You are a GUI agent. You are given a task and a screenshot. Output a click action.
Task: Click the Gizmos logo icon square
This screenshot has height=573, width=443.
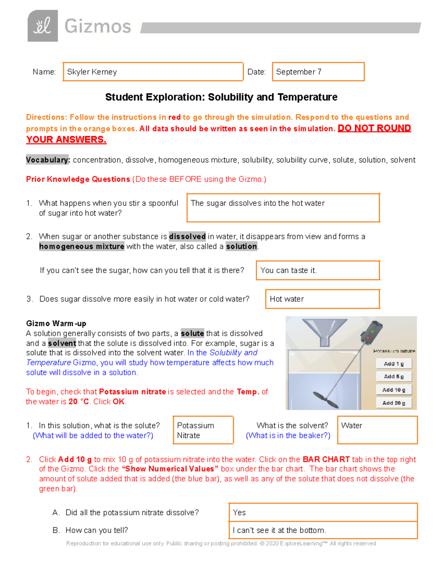pos(42,26)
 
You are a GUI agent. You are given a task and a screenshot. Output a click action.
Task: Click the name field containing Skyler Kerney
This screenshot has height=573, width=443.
pos(153,72)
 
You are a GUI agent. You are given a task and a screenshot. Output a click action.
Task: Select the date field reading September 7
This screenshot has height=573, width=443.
pos(318,72)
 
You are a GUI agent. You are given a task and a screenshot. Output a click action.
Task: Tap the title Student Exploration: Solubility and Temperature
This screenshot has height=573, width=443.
pos(221,97)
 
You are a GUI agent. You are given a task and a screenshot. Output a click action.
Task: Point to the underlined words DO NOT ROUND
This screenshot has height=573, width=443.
pos(374,128)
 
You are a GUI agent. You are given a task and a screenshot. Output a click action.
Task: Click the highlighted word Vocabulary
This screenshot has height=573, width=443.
pos(47,160)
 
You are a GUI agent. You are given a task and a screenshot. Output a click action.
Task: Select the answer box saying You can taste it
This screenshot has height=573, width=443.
pos(317,270)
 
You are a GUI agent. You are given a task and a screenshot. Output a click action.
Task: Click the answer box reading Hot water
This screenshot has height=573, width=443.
pos(322,299)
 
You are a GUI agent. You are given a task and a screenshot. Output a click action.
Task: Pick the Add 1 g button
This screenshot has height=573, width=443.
pos(394,364)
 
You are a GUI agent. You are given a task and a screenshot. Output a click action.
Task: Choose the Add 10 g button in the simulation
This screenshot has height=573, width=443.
pos(394,390)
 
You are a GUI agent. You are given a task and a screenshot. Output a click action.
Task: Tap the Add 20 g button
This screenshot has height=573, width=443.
pos(394,403)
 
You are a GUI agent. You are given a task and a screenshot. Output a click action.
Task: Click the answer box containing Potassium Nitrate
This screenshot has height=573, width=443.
pos(203,430)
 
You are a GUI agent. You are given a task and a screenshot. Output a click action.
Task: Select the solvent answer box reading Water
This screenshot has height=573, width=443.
pos(377,430)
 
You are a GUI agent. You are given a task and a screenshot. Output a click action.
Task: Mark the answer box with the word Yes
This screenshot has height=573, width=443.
pos(323,512)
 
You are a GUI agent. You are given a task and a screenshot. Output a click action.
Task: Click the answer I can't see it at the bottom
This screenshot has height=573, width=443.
pos(323,530)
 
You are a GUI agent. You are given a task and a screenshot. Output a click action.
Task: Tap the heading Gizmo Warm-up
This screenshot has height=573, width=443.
pos(56,324)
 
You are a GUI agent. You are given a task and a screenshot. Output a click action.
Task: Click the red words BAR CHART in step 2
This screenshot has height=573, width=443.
pos(326,459)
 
